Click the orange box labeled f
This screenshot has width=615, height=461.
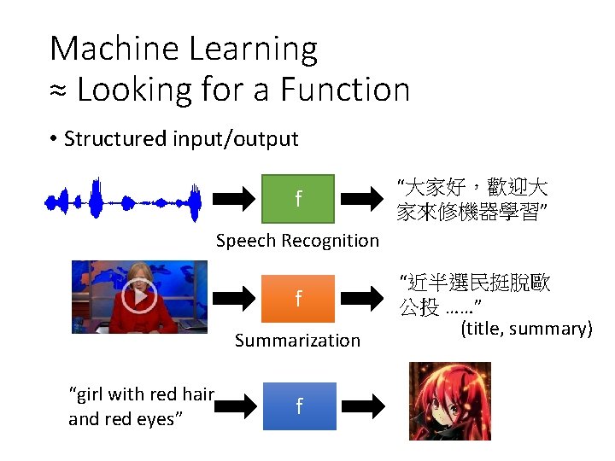pyautogui.click(x=298, y=298)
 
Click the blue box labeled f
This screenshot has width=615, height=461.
pyautogui.click(x=298, y=406)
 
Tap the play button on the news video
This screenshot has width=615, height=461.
pyautogui.click(x=138, y=296)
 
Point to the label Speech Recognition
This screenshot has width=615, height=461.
pyautogui.click(x=297, y=241)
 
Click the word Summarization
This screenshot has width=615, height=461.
pyautogui.click(x=297, y=341)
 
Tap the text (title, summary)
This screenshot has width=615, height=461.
pyautogui.click(x=526, y=329)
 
